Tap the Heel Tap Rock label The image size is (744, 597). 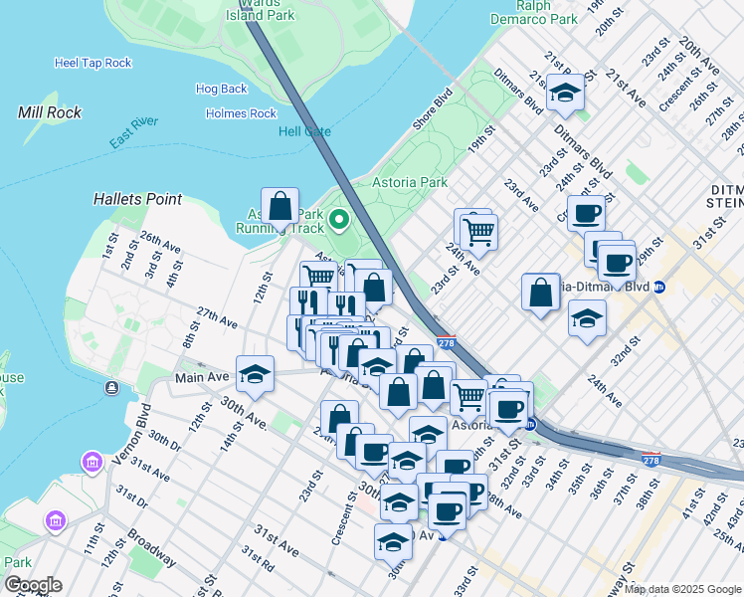pyautogui.click(x=93, y=63)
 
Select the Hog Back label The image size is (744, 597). pyautogui.click(x=221, y=89)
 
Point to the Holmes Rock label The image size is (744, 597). pyautogui.click(x=241, y=113)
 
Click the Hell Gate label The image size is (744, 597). pyautogui.click(x=304, y=131)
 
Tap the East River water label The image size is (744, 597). pyautogui.click(x=134, y=134)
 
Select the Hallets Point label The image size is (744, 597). pyautogui.click(x=137, y=199)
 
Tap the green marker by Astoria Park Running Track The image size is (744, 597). pyautogui.click(x=339, y=218)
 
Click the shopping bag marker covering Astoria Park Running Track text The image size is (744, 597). pyautogui.click(x=280, y=207)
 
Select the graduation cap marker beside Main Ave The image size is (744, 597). pyautogui.click(x=256, y=374)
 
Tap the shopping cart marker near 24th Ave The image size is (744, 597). pyautogui.click(x=478, y=231)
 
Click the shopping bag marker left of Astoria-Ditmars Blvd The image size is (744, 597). pyautogui.click(x=540, y=293)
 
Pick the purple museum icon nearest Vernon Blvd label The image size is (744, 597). pyautogui.click(x=93, y=463)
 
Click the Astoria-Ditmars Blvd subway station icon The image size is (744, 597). pyautogui.click(x=673, y=287)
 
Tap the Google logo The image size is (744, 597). pyautogui.click(x=33, y=585)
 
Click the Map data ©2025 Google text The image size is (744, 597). pyautogui.click(x=681, y=589)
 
